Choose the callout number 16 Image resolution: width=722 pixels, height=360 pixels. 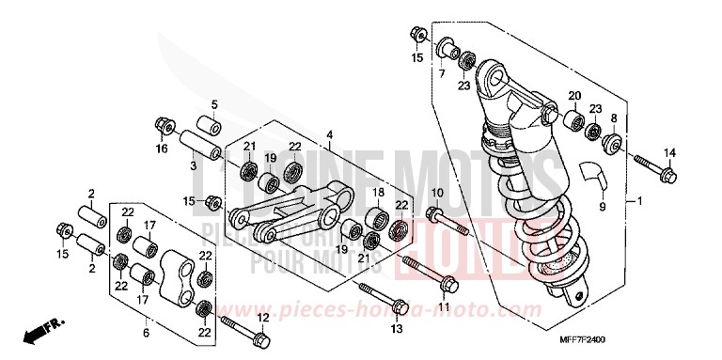pos(162,149)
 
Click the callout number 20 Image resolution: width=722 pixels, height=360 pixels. pos(573,95)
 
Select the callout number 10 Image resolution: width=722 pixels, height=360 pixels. pos(436,194)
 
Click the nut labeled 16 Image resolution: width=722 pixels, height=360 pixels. pos(161,124)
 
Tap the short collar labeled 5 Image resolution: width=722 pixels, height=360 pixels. pos(209,125)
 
